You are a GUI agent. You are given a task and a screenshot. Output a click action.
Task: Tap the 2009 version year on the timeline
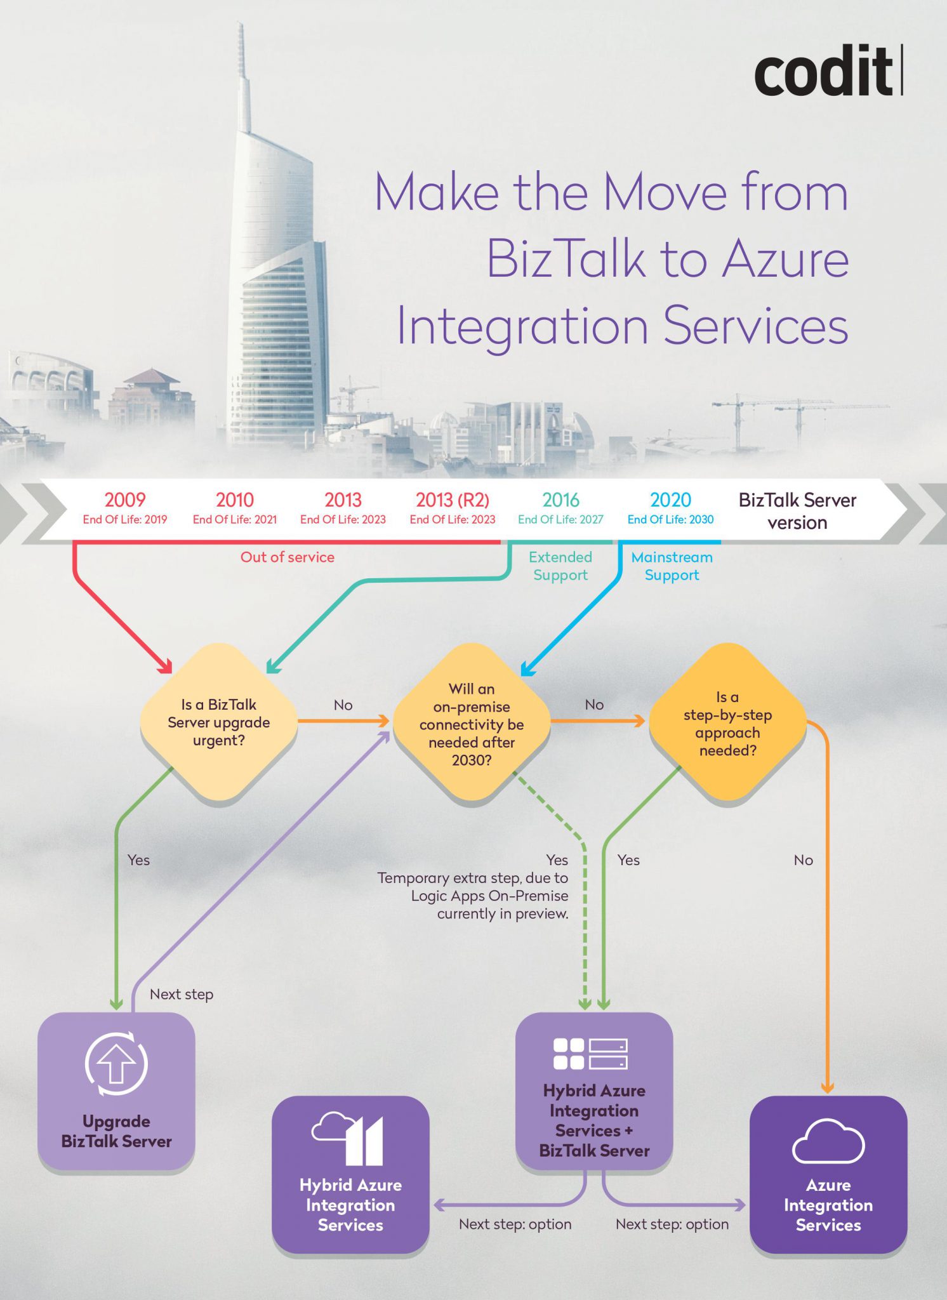[125, 500]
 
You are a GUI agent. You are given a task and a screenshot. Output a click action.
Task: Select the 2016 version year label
[561, 500]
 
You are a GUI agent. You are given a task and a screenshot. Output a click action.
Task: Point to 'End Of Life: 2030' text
[670, 519]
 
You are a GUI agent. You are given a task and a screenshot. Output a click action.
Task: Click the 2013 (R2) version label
[453, 500]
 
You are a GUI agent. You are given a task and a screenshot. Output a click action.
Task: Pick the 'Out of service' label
[288, 557]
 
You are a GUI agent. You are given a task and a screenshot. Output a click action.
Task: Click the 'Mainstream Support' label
[672, 566]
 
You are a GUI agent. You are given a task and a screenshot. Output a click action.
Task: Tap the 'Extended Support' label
[560, 566]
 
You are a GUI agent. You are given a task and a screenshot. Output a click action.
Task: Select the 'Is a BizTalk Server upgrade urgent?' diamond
[219, 722]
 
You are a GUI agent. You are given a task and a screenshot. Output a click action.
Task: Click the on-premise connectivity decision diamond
[472, 724]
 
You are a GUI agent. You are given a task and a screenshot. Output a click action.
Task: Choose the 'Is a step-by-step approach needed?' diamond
[728, 723]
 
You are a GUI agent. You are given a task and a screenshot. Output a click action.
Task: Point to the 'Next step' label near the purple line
[182, 994]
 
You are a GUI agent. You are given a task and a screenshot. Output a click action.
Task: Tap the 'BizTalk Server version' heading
[797, 511]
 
